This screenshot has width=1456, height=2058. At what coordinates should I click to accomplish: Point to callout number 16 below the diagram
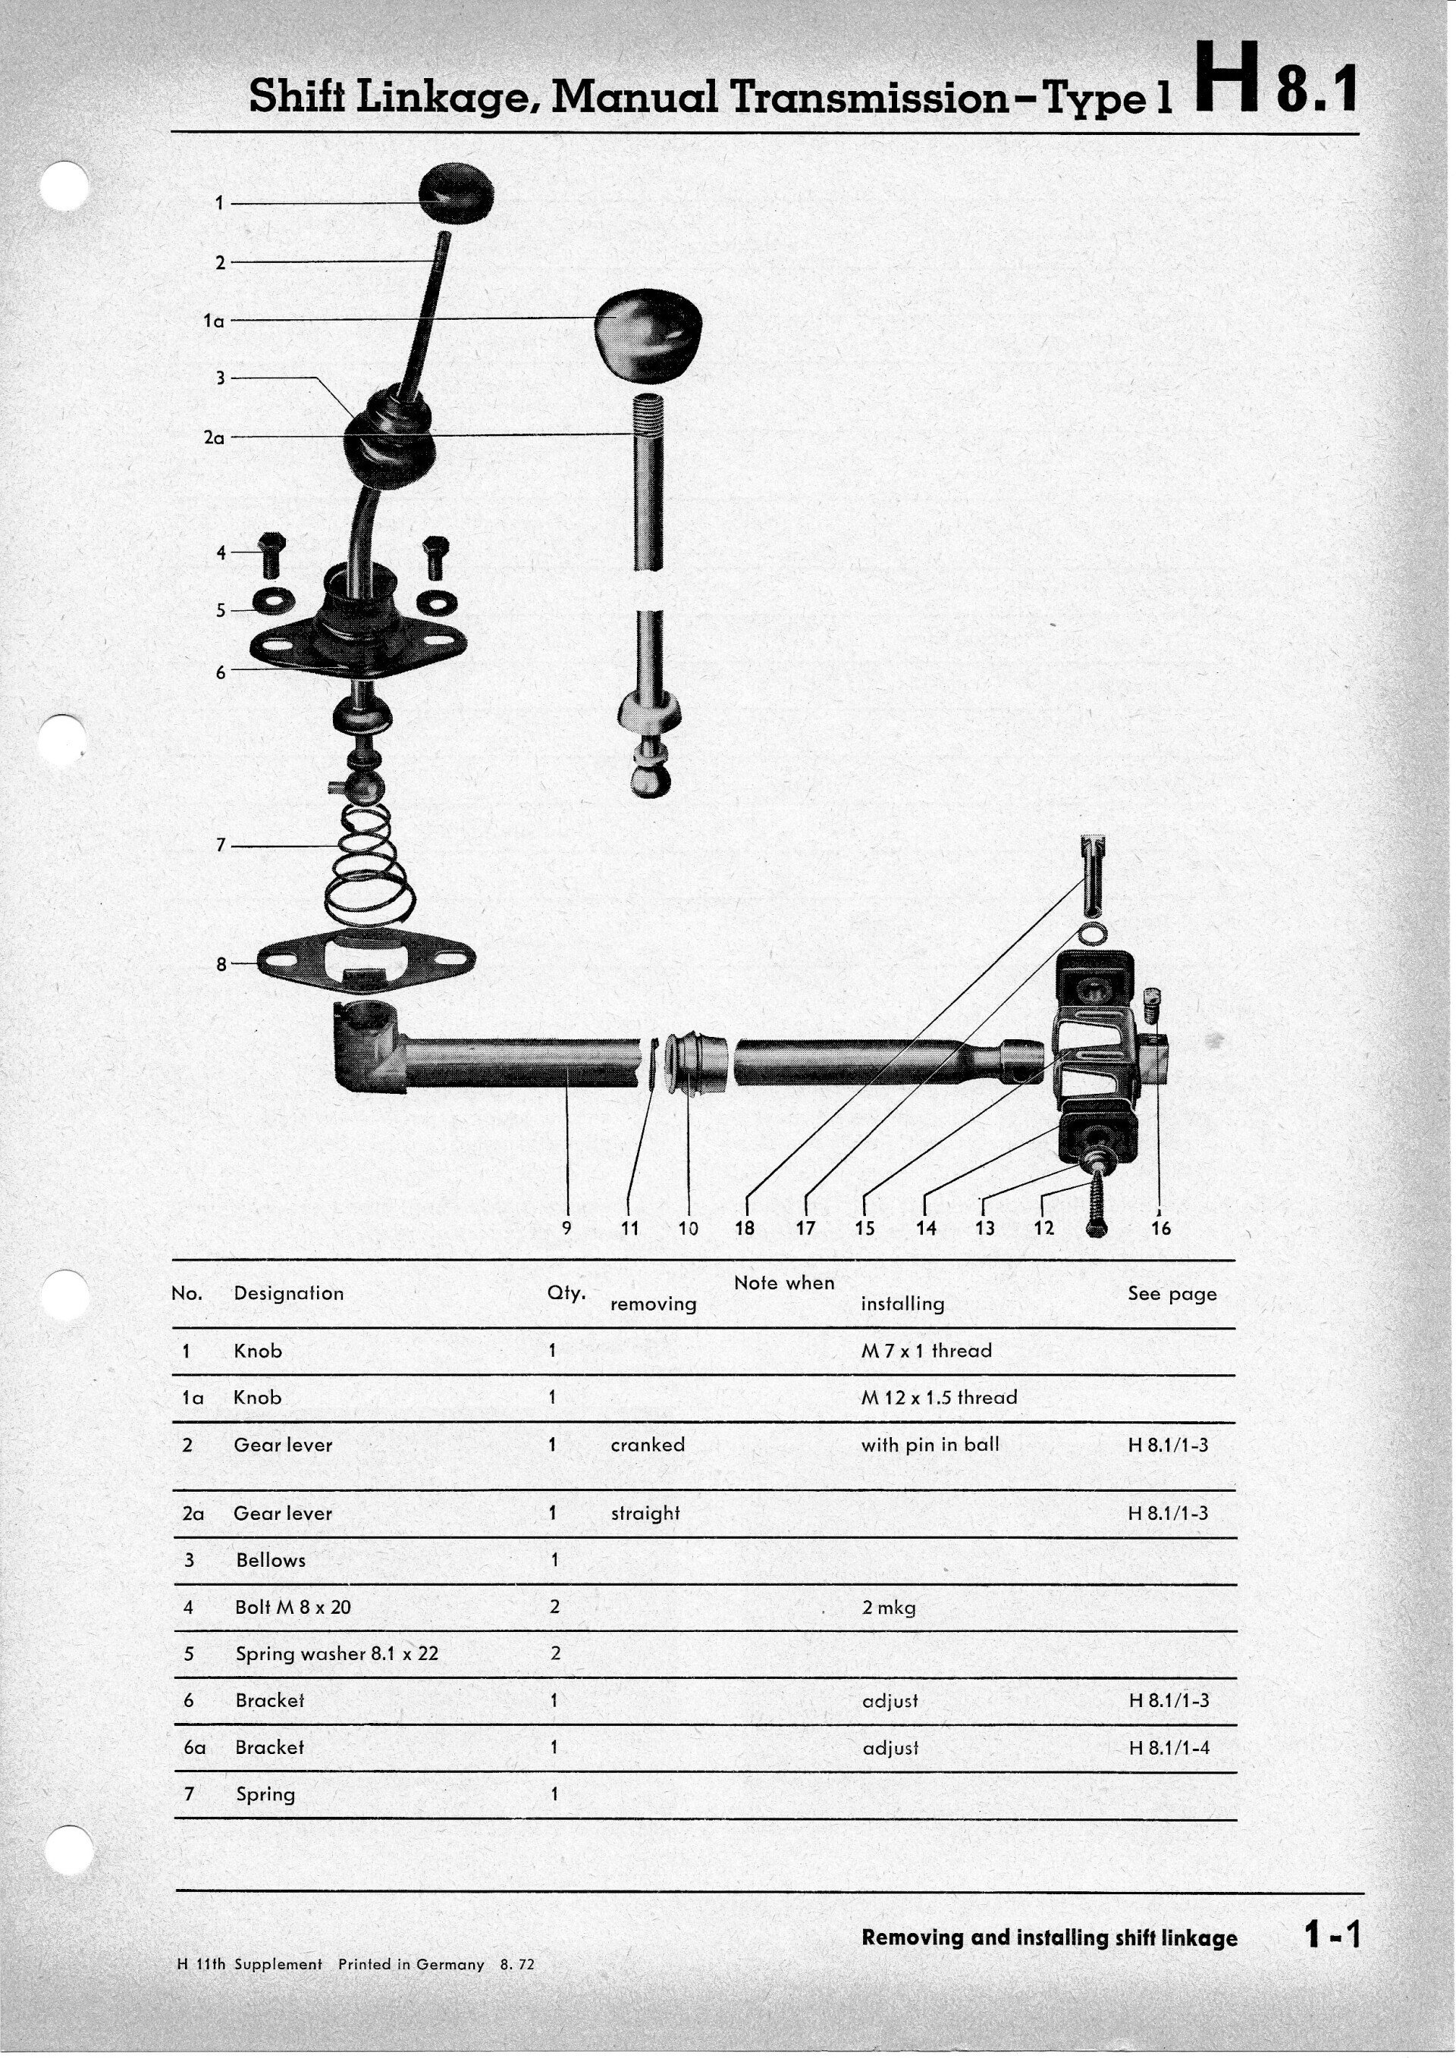click(x=1160, y=1229)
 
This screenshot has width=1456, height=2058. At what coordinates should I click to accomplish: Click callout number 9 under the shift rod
click(x=566, y=1228)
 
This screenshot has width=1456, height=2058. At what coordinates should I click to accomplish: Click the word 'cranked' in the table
click(x=648, y=1445)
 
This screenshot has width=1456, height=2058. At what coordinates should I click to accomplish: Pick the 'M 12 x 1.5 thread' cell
click(x=939, y=1398)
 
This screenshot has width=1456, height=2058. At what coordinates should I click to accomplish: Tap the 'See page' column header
click(x=1172, y=1293)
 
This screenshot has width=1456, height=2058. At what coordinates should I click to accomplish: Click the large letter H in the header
click(x=1225, y=83)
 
